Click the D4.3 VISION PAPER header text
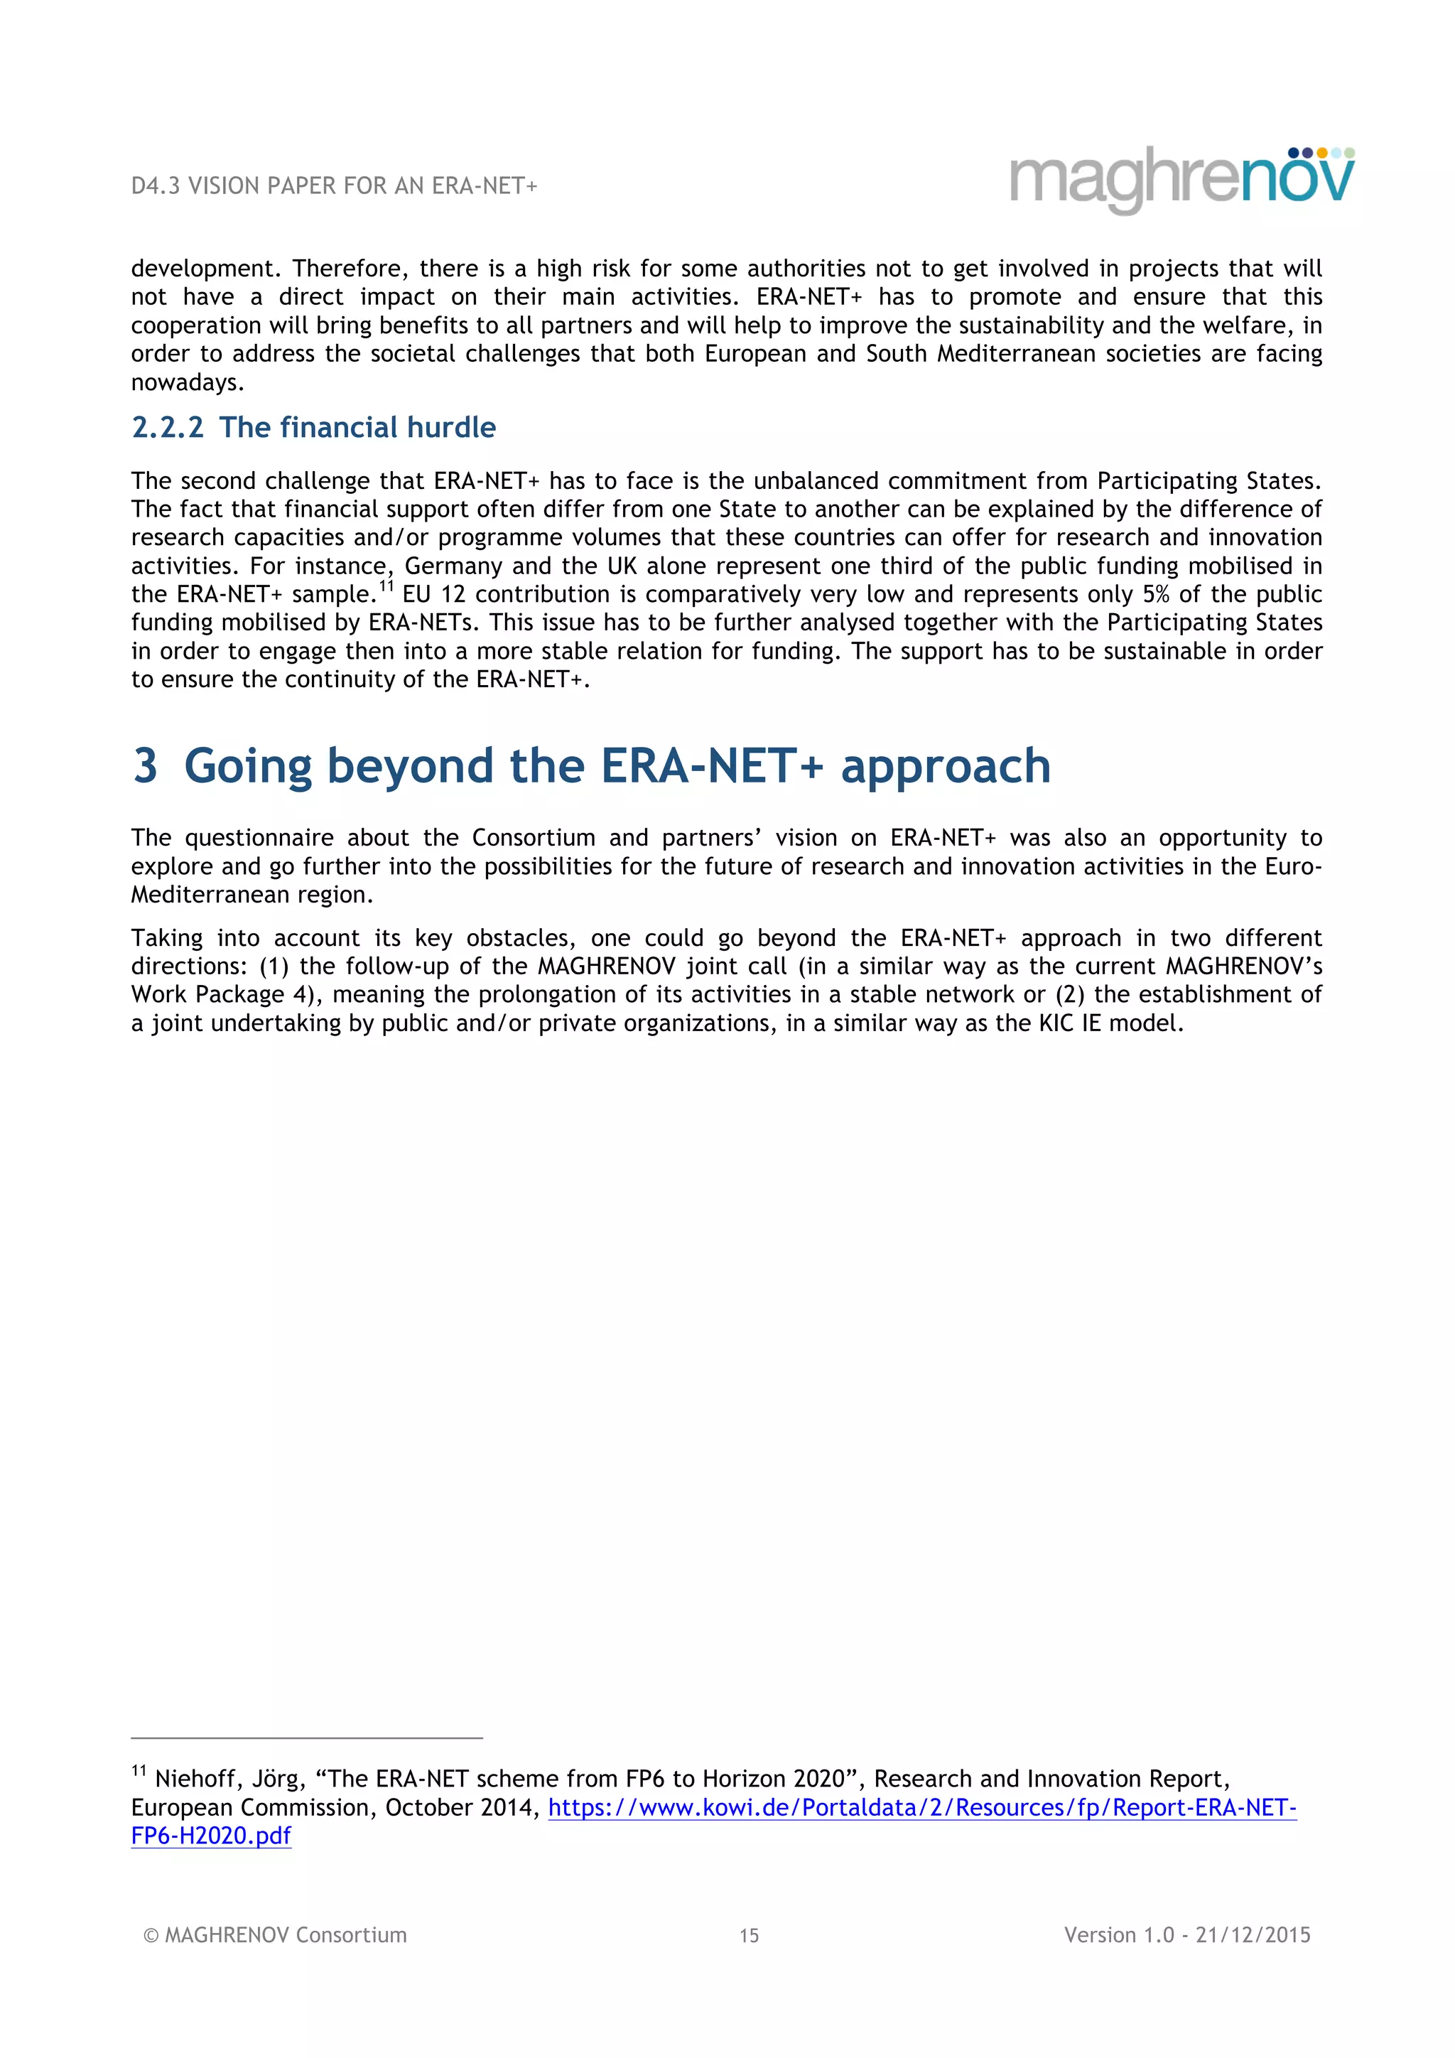pyautogui.click(x=333, y=185)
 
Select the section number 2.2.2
pyautogui.click(x=168, y=428)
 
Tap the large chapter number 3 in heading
pyautogui.click(x=145, y=766)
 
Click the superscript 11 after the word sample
pyautogui.click(x=386, y=587)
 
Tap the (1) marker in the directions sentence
pyautogui.click(x=274, y=966)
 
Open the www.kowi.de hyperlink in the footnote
pyautogui.click(x=922, y=1807)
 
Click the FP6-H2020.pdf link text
pyautogui.click(x=212, y=1836)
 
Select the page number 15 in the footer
pyautogui.click(x=749, y=1935)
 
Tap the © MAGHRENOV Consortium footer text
pyautogui.click(x=275, y=1934)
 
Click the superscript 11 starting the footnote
pyautogui.click(x=139, y=1771)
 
